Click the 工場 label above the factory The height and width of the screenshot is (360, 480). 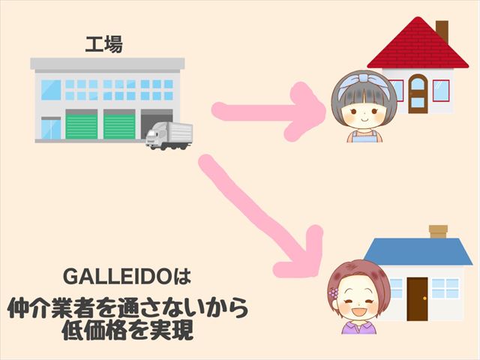click(103, 44)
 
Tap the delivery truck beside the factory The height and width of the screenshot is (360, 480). click(169, 136)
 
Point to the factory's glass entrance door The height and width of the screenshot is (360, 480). click(51, 129)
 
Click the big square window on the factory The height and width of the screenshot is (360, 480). click(51, 90)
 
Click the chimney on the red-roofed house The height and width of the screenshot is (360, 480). click(442, 31)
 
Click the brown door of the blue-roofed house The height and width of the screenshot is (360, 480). click(417, 298)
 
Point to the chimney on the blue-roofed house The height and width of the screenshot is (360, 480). click(438, 232)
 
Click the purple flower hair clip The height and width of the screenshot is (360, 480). click(334, 293)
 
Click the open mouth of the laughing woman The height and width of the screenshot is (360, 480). click(358, 312)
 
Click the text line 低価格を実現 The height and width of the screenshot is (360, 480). click(127, 331)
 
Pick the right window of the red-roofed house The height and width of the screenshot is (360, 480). click(441, 91)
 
